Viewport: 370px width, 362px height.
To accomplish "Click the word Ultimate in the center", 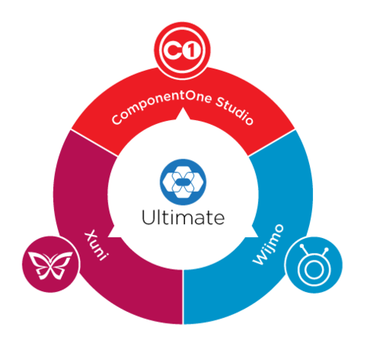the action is (183, 217).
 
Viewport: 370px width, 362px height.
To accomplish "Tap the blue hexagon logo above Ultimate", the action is (183, 182).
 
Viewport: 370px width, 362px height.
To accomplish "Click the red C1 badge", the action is (183, 50).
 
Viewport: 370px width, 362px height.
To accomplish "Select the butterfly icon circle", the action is (51, 264).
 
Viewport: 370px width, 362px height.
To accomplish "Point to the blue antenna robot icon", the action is (314, 265).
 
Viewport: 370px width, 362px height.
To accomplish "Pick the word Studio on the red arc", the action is (234, 110).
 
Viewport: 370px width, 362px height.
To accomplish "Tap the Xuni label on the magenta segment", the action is (97, 245).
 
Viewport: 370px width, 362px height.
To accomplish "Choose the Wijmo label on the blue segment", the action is (268, 244).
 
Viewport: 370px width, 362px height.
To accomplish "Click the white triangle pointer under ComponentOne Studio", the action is (183, 115).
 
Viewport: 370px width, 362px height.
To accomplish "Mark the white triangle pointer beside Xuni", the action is (114, 233).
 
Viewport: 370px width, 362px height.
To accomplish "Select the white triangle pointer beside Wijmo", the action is (251, 233).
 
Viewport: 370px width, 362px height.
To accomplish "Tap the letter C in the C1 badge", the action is (173, 50).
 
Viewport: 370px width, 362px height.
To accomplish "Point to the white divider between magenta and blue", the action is (183, 297).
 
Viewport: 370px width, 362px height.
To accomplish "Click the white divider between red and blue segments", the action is (272, 142).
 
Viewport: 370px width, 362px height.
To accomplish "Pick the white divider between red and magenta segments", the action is (94, 142).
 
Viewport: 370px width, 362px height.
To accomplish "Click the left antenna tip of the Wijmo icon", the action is (302, 246).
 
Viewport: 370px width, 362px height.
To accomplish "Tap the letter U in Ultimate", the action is (148, 217).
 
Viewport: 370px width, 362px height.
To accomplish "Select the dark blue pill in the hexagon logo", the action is (183, 183).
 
